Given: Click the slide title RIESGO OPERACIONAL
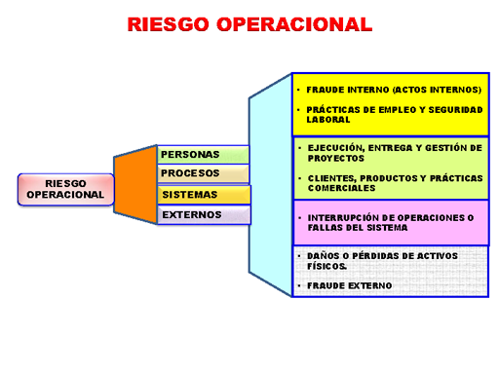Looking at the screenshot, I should tap(249, 24).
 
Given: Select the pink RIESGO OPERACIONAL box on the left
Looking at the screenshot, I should tap(65, 189).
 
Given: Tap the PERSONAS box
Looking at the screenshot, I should tap(202, 154).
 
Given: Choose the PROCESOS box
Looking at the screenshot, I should tap(202, 173).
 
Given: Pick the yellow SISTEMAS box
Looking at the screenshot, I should tap(202, 195).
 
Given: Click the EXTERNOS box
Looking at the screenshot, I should tap(202, 214).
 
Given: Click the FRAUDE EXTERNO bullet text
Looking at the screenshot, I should tap(349, 285).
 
